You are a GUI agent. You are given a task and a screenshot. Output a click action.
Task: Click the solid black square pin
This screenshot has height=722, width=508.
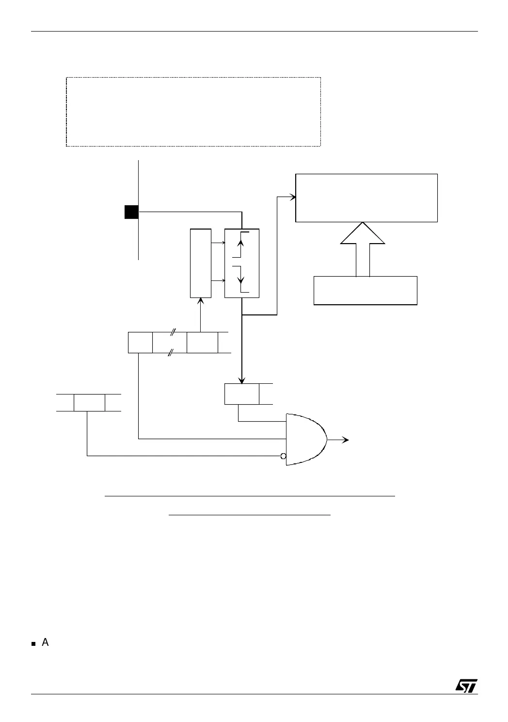(131, 212)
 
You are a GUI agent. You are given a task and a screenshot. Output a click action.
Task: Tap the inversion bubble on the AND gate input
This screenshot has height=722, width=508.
(284, 456)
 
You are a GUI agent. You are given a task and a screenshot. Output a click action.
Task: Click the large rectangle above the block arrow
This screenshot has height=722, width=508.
(366, 197)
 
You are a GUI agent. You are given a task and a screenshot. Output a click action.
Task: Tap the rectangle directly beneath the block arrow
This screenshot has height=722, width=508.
(365, 290)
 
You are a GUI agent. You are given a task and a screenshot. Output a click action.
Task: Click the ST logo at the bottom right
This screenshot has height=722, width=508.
(466, 685)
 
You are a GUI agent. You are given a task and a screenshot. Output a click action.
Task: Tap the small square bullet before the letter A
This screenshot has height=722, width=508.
(33, 644)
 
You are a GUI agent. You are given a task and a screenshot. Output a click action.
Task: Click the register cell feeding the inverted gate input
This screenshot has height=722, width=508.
(89, 403)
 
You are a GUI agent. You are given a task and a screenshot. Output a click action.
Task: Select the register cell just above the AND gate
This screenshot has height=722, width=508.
(242, 394)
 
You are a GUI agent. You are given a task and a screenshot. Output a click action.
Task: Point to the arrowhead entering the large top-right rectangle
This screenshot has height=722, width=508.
(293, 197)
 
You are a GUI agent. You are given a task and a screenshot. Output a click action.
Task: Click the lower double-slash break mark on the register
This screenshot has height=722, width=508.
(170, 353)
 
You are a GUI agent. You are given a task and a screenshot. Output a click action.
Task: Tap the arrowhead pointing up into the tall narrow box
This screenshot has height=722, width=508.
(201, 301)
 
